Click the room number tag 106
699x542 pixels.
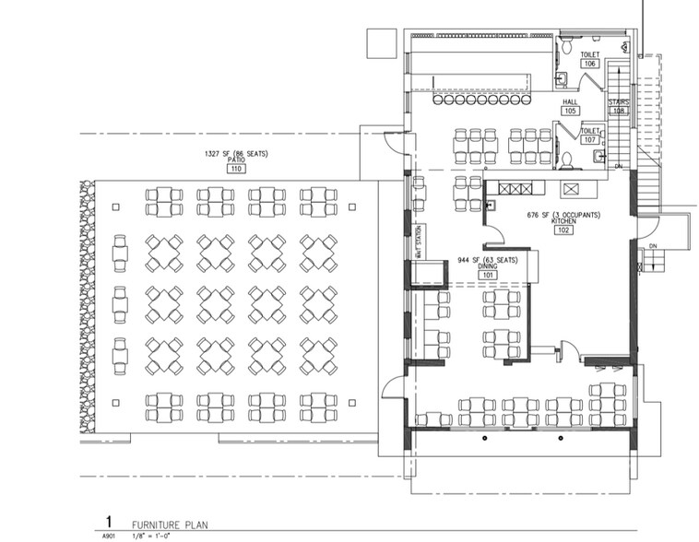click(589, 65)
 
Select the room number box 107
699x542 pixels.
click(589, 141)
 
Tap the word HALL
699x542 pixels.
click(570, 101)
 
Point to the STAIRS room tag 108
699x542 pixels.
click(619, 112)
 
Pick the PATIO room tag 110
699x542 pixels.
click(237, 170)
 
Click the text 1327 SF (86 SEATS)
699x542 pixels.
click(237, 152)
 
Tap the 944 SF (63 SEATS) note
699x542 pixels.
click(488, 260)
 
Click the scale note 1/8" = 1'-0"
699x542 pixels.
click(153, 534)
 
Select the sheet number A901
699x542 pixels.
click(109, 534)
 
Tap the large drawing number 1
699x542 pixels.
click(109, 520)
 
